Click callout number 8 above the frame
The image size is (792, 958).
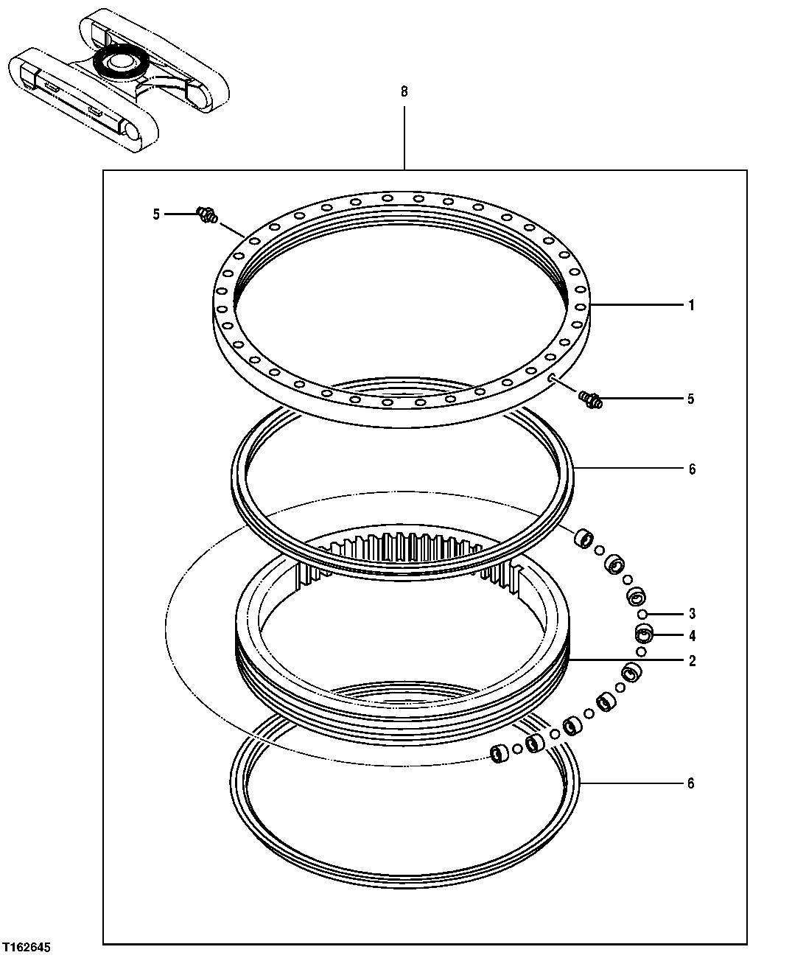[403, 92]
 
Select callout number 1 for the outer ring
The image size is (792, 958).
[690, 305]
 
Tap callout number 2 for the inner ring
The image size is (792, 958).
[691, 661]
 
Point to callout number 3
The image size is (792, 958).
[691, 614]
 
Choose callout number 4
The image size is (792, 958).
[691, 636]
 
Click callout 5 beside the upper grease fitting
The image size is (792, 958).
[156, 214]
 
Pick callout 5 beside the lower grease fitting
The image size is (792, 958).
[690, 399]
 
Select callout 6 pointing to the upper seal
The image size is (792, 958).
[691, 469]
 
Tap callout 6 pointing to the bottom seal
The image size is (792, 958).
[690, 783]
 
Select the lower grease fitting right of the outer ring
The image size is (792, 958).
[591, 400]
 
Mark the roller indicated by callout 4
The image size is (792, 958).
[645, 634]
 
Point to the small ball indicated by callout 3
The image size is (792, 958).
[643, 615]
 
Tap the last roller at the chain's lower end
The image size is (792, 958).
[500, 752]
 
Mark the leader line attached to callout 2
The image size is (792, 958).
[626, 661]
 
